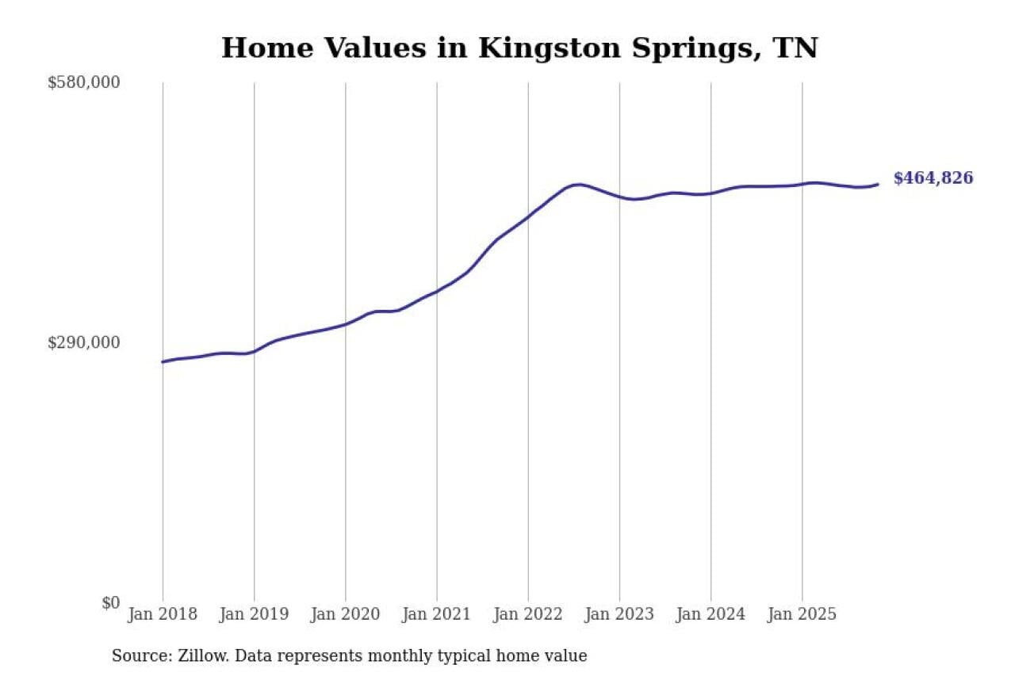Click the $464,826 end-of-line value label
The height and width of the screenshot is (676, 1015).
(x=933, y=178)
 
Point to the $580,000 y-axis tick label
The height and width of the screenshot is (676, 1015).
(x=83, y=82)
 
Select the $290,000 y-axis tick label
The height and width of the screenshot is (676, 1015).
(x=83, y=342)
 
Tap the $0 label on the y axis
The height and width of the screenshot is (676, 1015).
(x=110, y=602)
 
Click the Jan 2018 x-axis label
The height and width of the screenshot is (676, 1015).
(x=163, y=614)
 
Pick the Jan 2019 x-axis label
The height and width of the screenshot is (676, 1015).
(x=254, y=614)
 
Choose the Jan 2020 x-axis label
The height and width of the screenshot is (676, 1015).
(x=345, y=614)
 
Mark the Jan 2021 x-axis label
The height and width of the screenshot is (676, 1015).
(x=436, y=614)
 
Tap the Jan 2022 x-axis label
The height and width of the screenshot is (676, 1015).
(x=528, y=614)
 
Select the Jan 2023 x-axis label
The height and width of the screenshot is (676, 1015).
(x=619, y=614)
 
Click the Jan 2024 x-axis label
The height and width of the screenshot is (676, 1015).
(x=710, y=614)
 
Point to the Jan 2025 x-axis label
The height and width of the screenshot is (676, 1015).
(x=802, y=614)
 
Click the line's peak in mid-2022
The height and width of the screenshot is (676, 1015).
(x=580, y=185)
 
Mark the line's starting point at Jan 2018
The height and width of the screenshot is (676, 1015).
(x=163, y=361)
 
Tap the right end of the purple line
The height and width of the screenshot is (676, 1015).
(x=877, y=185)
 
